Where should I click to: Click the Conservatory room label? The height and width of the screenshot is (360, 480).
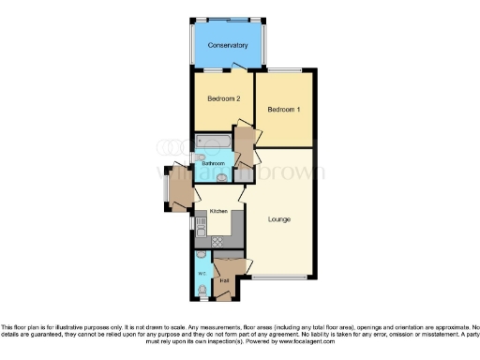(228, 44)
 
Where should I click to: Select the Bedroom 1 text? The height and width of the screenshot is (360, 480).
(283, 109)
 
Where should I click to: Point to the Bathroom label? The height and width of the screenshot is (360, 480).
(213, 163)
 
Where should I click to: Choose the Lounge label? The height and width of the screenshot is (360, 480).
(278, 219)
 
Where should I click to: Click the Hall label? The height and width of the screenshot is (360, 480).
(225, 279)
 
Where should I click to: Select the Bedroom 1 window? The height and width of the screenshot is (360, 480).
(284, 71)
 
